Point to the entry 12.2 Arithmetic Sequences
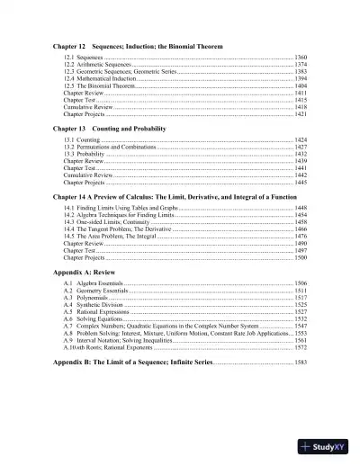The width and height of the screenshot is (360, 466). [98, 67]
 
